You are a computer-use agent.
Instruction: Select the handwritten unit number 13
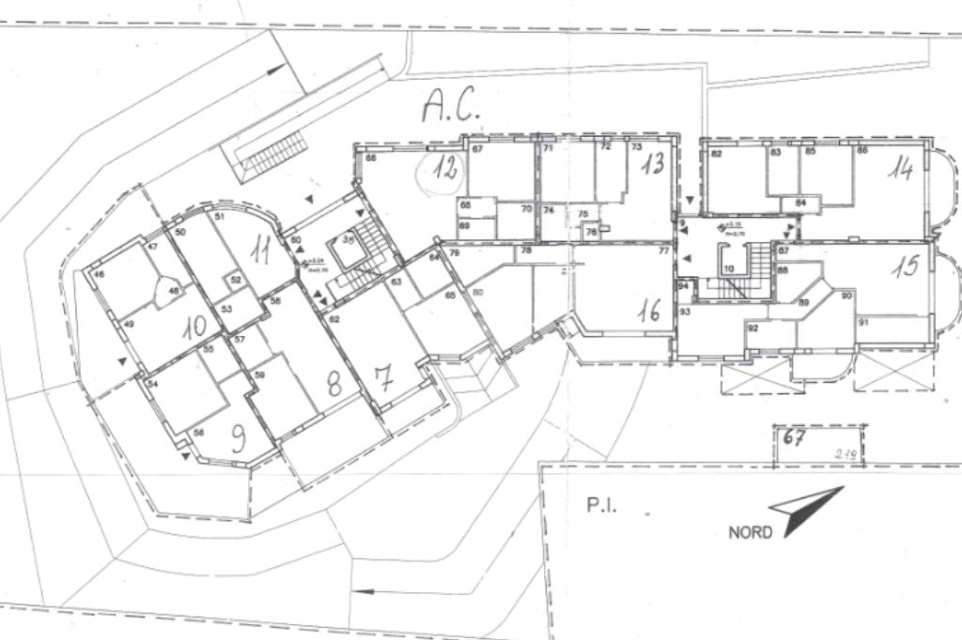(x=653, y=164)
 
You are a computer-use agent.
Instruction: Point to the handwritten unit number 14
(x=902, y=170)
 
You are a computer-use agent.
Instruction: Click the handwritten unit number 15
(x=905, y=267)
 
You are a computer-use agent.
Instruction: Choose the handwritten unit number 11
(x=260, y=250)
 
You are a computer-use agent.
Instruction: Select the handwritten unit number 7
(x=382, y=378)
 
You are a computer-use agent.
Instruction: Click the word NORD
(x=750, y=532)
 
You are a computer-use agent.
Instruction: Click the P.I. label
(x=601, y=506)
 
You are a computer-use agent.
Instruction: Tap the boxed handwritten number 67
(x=794, y=437)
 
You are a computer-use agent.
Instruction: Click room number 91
(x=862, y=322)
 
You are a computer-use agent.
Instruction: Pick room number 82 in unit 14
(x=716, y=153)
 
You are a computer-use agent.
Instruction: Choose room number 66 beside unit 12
(x=371, y=158)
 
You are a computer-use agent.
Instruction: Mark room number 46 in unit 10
(x=99, y=275)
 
